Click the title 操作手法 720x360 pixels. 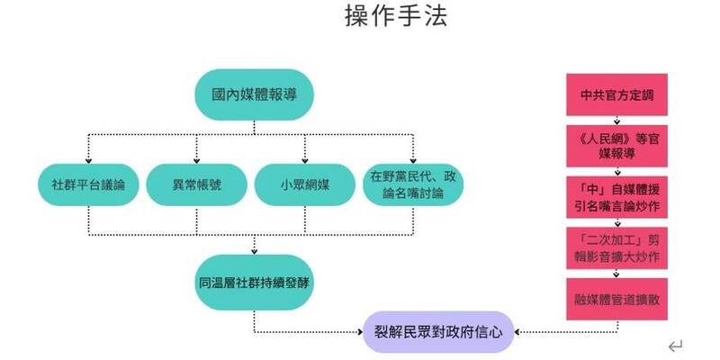395,17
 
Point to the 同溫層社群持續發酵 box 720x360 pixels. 255,282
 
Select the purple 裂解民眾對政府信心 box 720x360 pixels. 438,331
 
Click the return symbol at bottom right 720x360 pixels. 677,345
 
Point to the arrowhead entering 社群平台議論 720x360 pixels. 87,158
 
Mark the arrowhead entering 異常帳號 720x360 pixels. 196,158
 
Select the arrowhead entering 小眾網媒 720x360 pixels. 305,158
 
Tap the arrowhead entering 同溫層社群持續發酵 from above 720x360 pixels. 255,249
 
